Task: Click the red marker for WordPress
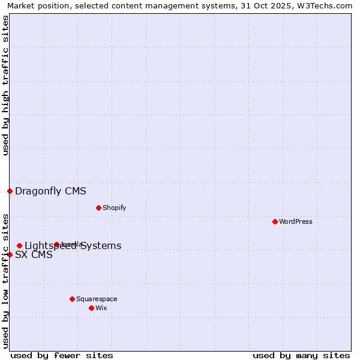pos(275,221)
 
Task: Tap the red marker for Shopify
pos(98,208)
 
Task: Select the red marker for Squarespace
pos(72,299)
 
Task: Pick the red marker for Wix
pos(91,308)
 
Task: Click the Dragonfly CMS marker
pos(10,191)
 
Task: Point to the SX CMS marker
pos(10,254)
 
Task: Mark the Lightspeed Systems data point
pos(19,245)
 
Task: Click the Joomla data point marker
pos(57,244)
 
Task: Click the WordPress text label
pos(296,221)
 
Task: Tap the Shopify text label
pos(114,208)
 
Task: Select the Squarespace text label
pos(97,299)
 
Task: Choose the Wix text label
pos(101,308)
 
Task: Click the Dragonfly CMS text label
pos(50,191)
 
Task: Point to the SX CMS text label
pos(34,255)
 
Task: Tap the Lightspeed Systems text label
pos(73,246)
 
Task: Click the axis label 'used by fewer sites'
pos(62,355)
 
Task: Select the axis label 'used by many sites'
pos(301,355)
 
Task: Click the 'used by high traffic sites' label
pos(5,85)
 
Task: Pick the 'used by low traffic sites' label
pos(5,281)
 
